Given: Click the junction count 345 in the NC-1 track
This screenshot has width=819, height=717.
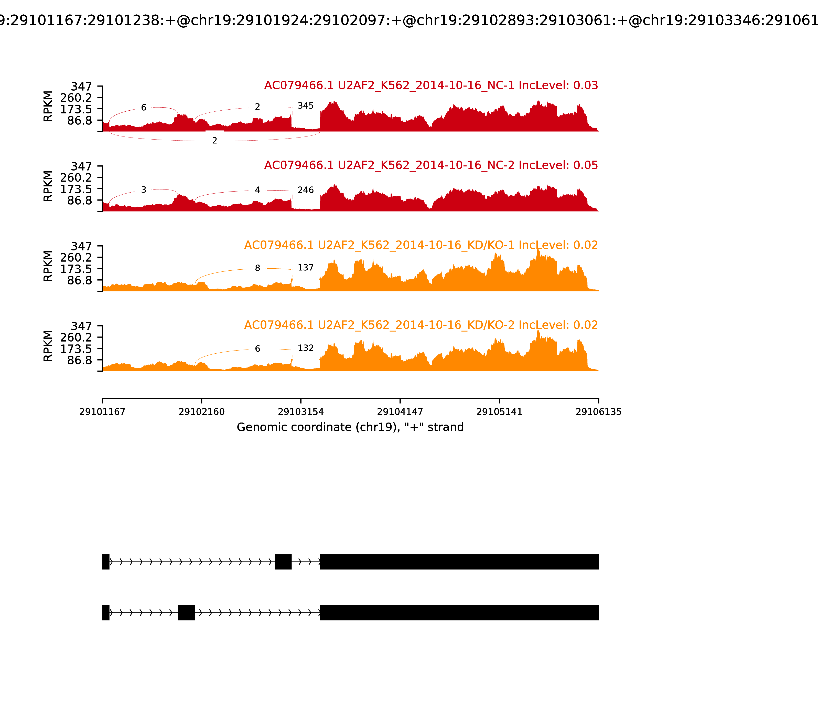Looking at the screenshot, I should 306,106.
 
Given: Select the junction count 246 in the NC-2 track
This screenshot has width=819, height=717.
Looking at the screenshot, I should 306,190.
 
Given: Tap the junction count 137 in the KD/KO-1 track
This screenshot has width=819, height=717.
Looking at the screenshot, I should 306,268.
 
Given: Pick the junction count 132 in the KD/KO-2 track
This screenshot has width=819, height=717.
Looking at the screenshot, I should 306,348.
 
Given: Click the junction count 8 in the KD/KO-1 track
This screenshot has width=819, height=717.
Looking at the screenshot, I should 257,268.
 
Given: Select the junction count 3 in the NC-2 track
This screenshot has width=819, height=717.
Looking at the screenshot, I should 144,190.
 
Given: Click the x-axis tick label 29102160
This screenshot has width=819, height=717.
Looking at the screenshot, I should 202,412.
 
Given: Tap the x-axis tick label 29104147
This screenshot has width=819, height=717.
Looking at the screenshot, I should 400,412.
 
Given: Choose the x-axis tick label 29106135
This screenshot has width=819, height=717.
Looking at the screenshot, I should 598,412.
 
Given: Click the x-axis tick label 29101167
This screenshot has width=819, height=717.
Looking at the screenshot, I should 102,412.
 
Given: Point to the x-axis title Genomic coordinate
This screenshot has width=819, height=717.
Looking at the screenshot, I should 350,427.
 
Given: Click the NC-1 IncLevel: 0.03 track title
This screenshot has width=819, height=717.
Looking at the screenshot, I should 431,86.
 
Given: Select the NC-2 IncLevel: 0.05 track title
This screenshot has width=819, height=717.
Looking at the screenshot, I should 431,165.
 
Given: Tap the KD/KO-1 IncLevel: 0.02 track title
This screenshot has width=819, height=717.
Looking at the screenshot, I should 421,245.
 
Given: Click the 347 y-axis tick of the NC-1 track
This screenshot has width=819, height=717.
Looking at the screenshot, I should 82,87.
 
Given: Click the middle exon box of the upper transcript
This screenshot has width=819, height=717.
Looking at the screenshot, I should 283,562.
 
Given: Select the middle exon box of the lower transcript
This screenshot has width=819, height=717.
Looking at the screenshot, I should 186,613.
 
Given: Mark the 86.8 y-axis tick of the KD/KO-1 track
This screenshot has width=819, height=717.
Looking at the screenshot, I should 80,280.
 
